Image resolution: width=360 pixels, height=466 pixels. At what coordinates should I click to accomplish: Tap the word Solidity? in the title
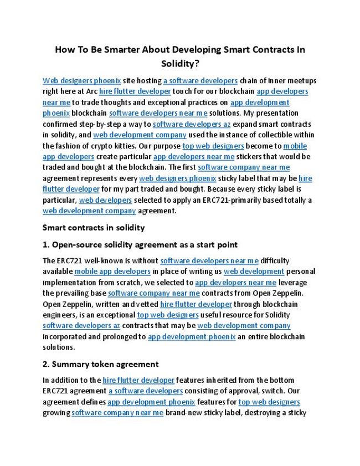[180, 64]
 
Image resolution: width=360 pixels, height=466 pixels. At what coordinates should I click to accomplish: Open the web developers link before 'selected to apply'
[105, 200]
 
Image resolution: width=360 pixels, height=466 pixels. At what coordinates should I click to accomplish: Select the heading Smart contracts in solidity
[94, 228]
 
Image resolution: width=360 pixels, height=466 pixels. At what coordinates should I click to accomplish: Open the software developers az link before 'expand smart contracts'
[192, 124]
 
